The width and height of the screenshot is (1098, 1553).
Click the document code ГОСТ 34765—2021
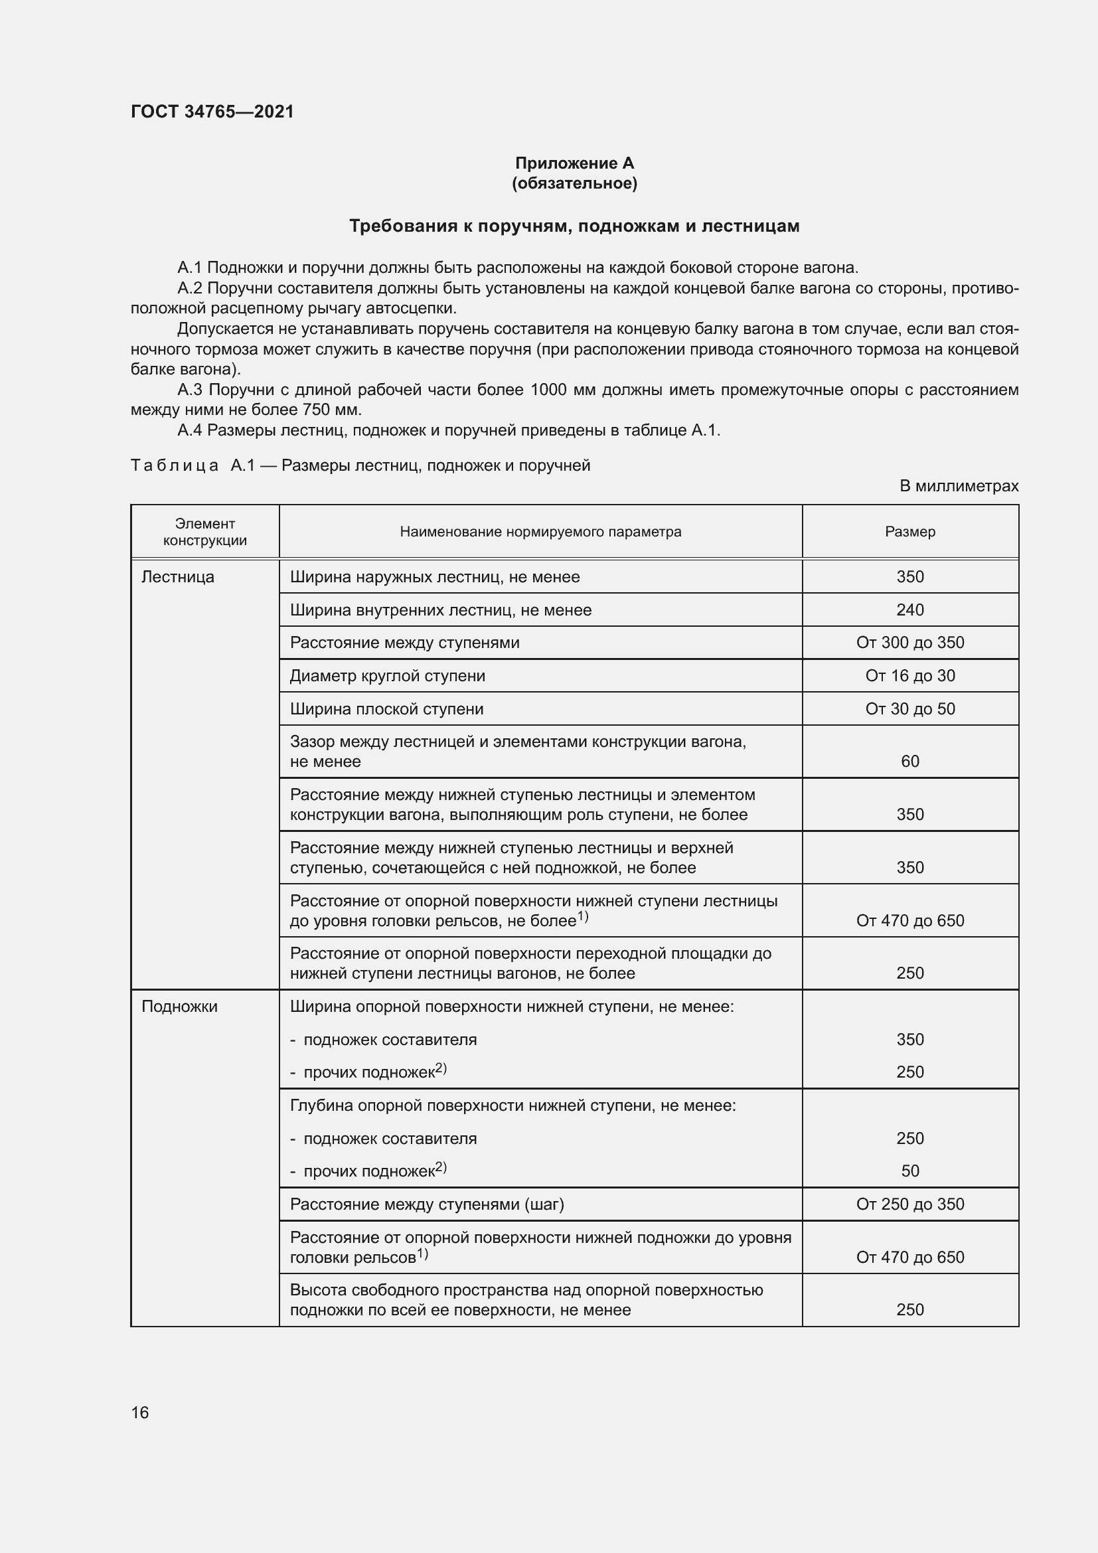click(212, 112)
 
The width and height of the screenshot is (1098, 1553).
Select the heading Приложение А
click(574, 163)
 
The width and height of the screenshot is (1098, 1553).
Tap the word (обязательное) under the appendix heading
click(574, 183)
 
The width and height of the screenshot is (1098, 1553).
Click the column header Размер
click(909, 532)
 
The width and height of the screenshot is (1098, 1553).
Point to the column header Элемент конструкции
click(205, 532)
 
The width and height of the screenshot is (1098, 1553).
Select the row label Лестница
click(178, 577)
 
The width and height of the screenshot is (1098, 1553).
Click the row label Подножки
click(179, 1007)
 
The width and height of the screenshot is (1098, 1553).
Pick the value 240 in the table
click(909, 610)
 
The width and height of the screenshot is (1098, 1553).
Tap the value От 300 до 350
click(909, 643)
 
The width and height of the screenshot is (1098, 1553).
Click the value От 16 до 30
click(909, 676)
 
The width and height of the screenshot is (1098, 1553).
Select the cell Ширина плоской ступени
click(387, 709)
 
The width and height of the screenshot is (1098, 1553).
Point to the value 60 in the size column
click(909, 762)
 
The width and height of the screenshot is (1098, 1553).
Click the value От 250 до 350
click(909, 1204)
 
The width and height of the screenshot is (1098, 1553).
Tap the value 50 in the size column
click(909, 1171)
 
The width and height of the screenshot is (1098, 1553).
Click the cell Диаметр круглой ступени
click(388, 676)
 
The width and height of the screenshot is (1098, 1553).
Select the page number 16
click(140, 1412)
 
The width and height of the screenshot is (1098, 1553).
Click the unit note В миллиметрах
click(958, 485)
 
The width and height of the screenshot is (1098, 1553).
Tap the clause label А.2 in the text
click(189, 289)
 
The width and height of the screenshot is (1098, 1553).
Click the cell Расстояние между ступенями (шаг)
click(427, 1204)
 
